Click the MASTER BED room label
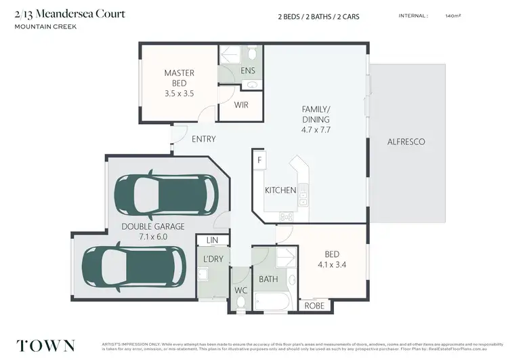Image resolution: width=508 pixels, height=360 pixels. pyautogui.click(x=179, y=78)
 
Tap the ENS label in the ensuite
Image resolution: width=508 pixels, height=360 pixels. pyautogui.click(x=248, y=71)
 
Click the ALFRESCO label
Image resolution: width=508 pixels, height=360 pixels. pyautogui.click(x=406, y=142)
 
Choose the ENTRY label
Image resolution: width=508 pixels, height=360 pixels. pyautogui.click(x=203, y=139)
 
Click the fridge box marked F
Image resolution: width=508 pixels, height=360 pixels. pyautogui.click(x=259, y=160)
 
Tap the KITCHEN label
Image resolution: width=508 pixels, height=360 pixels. pyautogui.click(x=280, y=191)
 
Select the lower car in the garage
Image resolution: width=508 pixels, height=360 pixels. pyautogui.click(x=133, y=266)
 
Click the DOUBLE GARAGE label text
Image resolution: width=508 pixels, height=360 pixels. pyautogui.click(x=152, y=226)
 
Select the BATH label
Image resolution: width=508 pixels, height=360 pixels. pyautogui.click(x=268, y=279)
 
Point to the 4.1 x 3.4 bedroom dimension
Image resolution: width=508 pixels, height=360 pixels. pyautogui.click(x=332, y=265)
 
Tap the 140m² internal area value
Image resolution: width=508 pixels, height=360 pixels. pyautogui.click(x=452, y=16)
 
